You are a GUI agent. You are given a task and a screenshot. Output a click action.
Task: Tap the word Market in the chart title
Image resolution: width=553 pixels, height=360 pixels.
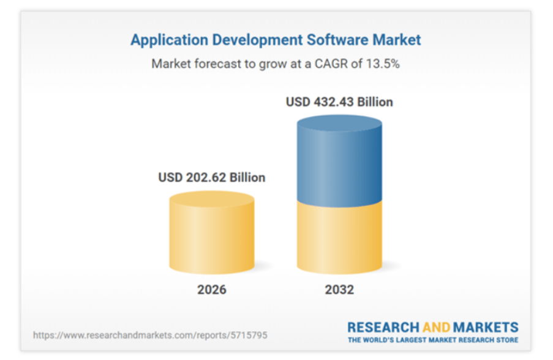(x=396, y=40)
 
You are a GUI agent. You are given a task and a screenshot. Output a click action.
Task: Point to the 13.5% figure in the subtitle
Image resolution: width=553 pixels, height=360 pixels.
(x=382, y=64)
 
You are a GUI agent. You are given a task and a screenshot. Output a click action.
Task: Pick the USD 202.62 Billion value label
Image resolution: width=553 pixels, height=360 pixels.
(x=212, y=178)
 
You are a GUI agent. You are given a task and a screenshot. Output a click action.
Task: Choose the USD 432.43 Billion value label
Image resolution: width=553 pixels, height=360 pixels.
(x=339, y=102)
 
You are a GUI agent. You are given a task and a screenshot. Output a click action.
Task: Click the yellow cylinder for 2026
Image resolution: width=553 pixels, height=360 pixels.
(x=212, y=235)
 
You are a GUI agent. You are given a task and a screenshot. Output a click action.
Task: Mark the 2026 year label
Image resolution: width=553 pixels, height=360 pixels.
(x=212, y=289)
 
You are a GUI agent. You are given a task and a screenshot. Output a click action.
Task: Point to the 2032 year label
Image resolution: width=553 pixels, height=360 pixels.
(x=339, y=289)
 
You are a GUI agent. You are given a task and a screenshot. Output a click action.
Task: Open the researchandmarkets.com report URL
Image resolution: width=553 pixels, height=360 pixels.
(x=150, y=336)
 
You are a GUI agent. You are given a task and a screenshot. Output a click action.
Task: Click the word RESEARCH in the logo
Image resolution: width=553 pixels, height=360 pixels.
(x=383, y=328)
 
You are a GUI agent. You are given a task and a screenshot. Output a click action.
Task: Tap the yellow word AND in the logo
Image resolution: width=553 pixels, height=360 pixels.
(x=436, y=328)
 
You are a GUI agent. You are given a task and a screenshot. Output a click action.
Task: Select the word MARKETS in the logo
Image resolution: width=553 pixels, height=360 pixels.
(x=486, y=328)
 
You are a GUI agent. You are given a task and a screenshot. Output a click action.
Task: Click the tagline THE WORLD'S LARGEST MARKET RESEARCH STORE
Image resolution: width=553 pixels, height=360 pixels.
(x=433, y=340)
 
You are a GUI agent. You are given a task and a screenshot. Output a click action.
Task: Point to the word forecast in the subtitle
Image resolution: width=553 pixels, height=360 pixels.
(x=220, y=64)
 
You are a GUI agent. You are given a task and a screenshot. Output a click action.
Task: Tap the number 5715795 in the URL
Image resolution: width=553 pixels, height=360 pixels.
(x=249, y=336)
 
